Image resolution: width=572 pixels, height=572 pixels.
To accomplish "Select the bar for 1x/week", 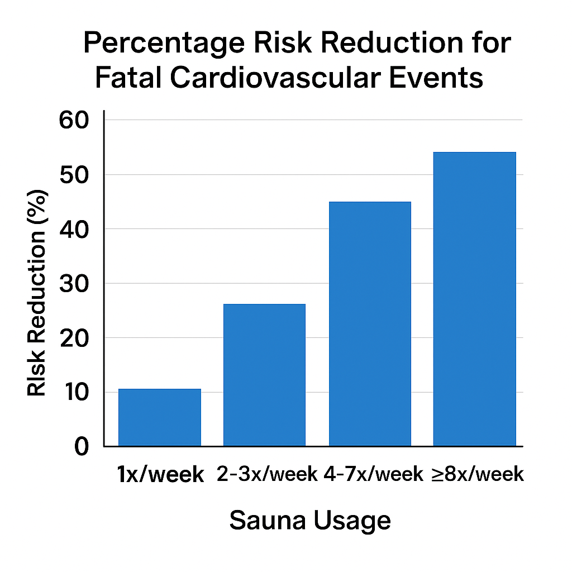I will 160,417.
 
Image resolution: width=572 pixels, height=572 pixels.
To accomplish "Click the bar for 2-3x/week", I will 264,375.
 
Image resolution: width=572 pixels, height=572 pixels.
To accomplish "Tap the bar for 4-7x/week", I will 370,324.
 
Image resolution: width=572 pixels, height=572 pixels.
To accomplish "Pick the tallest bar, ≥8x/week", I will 475,299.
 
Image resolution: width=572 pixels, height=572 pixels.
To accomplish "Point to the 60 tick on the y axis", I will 73,120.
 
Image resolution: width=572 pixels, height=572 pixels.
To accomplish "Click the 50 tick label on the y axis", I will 73,175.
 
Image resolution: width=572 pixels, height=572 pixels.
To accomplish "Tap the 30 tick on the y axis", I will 73,284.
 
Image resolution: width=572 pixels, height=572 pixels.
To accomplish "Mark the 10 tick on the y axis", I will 73,392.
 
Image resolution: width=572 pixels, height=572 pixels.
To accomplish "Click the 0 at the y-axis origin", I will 81,446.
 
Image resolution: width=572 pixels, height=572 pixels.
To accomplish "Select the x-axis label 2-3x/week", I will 267,475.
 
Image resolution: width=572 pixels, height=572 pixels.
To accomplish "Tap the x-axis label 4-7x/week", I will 374,475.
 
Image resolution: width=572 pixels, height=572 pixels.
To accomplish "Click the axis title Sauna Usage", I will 310,521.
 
